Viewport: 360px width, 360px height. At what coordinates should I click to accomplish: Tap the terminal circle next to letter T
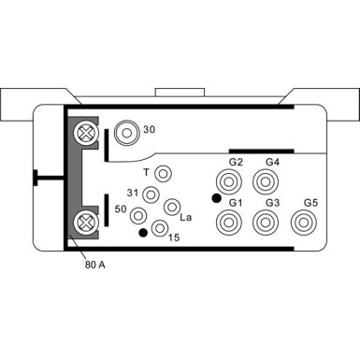(x=164, y=174)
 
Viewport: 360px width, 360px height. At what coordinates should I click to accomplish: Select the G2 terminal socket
(x=228, y=181)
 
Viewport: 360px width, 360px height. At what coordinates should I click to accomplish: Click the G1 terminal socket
(x=228, y=223)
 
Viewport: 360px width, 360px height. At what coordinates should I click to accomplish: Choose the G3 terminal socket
(x=267, y=223)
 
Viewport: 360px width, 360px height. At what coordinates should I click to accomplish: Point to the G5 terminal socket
(x=304, y=223)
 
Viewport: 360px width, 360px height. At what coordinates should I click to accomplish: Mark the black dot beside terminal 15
(x=142, y=232)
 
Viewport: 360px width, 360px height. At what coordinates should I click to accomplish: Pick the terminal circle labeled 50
(x=138, y=212)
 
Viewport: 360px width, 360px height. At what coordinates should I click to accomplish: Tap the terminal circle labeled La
(x=171, y=207)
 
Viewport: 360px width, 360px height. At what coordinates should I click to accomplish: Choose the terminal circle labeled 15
(x=160, y=227)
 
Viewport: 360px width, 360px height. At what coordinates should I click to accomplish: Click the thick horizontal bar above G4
(x=261, y=151)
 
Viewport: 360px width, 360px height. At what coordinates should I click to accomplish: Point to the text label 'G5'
(x=311, y=203)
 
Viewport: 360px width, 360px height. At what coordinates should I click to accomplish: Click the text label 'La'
(x=185, y=218)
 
